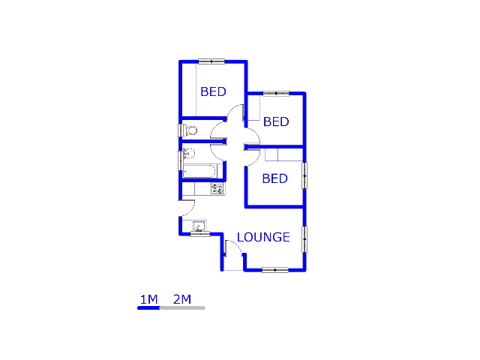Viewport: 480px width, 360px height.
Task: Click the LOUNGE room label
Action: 263,237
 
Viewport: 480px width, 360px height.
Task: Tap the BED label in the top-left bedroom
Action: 213,91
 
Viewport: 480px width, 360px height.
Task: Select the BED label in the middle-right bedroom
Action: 276,121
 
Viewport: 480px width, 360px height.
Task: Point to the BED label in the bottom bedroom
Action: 274,178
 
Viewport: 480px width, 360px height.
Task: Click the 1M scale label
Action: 148,300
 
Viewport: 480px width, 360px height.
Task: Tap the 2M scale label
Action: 182,300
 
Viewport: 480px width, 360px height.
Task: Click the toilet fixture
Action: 190,130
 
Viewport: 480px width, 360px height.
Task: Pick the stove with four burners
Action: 217,190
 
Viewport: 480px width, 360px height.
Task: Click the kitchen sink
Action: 200,226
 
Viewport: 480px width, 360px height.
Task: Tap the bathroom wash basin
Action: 187,154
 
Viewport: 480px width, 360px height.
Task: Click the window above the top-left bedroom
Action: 211,61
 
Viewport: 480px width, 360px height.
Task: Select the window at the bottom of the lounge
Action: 274,270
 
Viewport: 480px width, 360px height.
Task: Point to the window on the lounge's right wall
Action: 304,239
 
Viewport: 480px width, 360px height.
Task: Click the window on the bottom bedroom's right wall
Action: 304,175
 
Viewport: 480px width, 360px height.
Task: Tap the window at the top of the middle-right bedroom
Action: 276,94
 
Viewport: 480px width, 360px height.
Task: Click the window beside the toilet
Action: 180,130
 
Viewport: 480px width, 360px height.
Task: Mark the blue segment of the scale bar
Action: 148,307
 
